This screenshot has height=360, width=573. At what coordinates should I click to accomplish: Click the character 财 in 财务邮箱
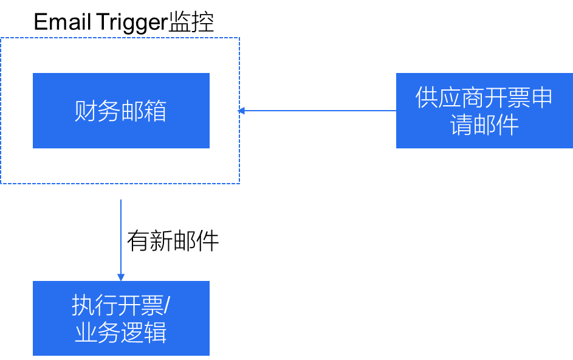(x=86, y=111)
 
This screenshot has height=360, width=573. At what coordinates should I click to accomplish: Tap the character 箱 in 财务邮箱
(x=155, y=111)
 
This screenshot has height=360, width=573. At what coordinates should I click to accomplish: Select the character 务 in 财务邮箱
(x=109, y=111)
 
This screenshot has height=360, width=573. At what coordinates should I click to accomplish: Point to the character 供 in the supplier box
(x=427, y=97)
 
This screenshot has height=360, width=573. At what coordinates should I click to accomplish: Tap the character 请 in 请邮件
(x=462, y=125)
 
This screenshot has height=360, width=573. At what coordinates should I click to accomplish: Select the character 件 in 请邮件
(x=507, y=125)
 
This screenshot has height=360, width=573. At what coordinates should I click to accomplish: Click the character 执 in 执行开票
(x=83, y=305)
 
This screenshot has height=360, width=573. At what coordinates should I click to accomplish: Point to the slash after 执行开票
(x=167, y=306)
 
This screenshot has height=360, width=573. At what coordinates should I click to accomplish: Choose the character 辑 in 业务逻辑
(x=155, y=333)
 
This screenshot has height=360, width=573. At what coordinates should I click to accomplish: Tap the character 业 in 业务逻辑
(x=86, y=333)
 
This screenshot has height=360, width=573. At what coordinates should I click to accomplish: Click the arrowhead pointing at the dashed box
(x=241, y=111)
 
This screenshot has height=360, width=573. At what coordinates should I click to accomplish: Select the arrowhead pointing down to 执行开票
(x=121, y=277)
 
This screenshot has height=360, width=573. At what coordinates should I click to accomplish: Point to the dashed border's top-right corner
(x=239, y=38)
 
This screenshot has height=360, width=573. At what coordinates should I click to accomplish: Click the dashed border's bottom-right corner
(x=239, y=183)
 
